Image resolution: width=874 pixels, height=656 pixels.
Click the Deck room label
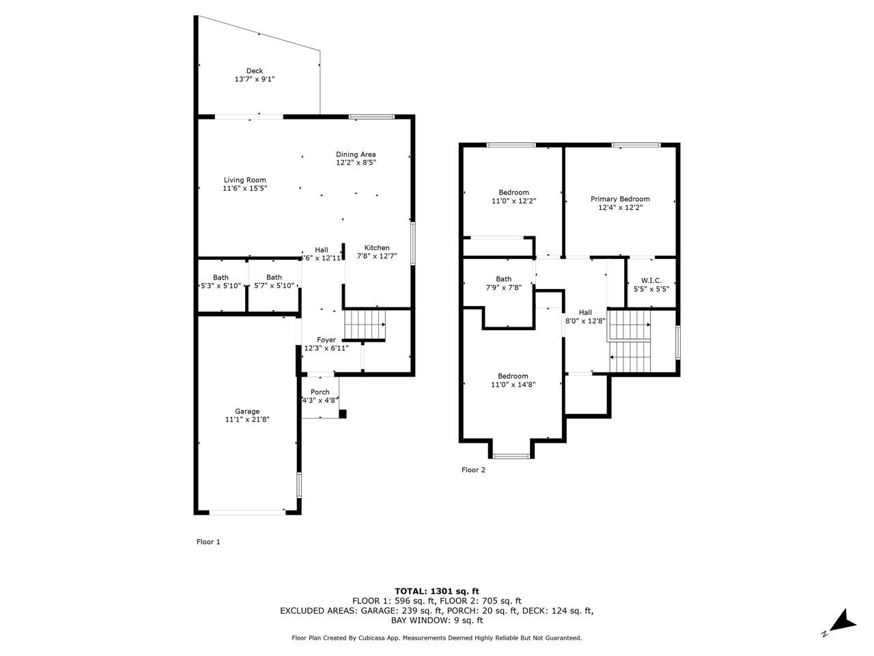coord(255,71)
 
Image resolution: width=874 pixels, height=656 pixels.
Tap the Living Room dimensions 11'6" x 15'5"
coord(245,189)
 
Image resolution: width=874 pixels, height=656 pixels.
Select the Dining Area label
coord(356,154)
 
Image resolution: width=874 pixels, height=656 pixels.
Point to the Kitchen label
coord(377,248)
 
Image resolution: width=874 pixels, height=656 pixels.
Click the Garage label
coord(247,411)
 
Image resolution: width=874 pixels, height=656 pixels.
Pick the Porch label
coord(320,392)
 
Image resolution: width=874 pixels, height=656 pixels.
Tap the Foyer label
coord(326,340)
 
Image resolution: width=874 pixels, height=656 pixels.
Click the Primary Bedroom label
coord(620,199)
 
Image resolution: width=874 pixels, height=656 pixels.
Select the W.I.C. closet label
coord(651,280)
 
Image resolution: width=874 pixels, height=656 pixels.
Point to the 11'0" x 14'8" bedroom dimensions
coord(513,384)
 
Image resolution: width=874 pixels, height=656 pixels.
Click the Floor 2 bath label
coord(504,279)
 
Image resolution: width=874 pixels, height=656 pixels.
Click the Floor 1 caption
coord(208,542)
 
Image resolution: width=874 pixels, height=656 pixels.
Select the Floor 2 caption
coord(473,469)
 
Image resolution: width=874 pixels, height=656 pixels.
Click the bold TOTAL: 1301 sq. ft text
coord(437,591)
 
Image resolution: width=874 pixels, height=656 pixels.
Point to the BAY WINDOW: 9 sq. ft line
coord(437,620)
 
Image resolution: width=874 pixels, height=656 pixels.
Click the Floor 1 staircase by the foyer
coord(365,324)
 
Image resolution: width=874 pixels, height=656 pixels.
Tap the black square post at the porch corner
coord(343,414)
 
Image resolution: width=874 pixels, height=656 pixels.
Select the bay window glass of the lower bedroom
coord(511,456)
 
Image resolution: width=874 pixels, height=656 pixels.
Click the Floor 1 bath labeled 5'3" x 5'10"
coord(221,282)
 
